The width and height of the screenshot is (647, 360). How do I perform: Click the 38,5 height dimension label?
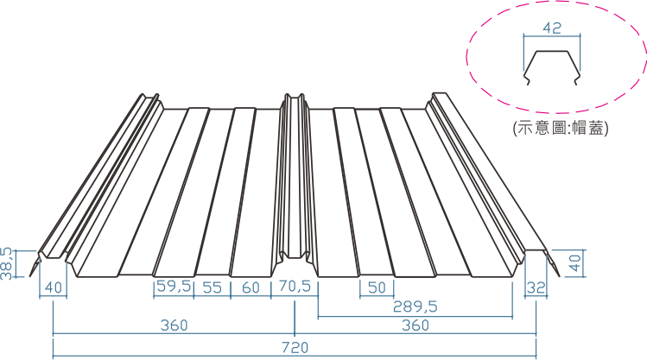pos(7,264)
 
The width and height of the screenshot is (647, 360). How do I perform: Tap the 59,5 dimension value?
pos(174,287)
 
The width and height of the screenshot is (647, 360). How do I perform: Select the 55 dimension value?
pos(212,287)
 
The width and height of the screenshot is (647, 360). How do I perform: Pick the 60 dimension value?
pos(251,287)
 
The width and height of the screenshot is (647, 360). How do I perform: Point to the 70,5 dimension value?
pos(295,287)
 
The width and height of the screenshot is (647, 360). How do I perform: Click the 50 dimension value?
pos(377,287)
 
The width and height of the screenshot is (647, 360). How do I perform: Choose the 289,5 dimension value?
pos(415,306)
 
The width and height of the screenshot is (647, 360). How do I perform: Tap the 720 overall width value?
pos(295,348)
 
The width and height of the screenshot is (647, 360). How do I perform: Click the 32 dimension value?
pos(536,287)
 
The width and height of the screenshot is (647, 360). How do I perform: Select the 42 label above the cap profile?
pos(552,28)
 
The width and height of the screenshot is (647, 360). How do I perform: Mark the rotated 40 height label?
pos(575,262)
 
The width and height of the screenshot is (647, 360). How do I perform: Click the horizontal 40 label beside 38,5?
pos(54,287)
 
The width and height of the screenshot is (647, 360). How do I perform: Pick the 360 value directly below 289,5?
pos(415,325)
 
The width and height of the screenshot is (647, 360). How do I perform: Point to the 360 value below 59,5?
pos(174,325)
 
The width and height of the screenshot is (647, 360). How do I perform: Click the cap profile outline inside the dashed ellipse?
pos(552,67)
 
